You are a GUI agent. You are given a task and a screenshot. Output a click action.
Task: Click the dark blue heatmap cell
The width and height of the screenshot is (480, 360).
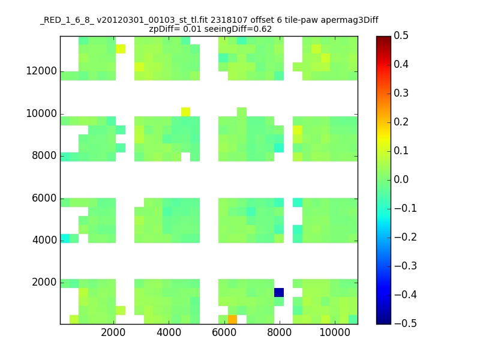[x=279, y=292]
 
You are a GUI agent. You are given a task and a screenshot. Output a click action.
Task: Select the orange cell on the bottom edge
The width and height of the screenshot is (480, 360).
[x=232, y=320]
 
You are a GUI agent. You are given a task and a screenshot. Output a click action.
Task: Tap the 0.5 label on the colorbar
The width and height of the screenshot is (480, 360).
[x=401, y=35]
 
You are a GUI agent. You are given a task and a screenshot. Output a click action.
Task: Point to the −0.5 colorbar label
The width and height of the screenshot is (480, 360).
[x=406, y=323]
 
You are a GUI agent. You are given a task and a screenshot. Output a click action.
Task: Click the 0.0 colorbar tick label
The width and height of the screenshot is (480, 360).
[x=401, y=179]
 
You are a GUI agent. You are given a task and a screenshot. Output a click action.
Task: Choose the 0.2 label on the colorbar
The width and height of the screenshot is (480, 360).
[x=401, y=122]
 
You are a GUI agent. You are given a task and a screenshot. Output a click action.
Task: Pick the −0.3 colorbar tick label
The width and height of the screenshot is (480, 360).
[x=406, y=266]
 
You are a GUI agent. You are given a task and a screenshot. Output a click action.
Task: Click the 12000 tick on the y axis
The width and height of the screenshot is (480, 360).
[x=41, y=71]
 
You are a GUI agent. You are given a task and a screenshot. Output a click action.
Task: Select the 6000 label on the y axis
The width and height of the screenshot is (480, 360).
[x=44, y=198]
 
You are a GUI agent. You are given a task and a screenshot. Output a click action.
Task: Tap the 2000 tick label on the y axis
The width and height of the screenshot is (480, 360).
[x=44, y=282]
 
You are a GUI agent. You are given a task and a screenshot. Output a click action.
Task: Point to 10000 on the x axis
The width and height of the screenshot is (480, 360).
[x=335, y=332]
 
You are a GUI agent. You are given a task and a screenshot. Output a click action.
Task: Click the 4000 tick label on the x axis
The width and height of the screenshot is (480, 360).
[x=169, y=332]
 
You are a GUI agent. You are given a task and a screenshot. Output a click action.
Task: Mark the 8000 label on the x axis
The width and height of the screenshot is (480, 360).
[x=279, y=332]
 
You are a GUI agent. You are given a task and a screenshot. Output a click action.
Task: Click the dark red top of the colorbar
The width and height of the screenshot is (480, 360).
[x=383, y=38]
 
